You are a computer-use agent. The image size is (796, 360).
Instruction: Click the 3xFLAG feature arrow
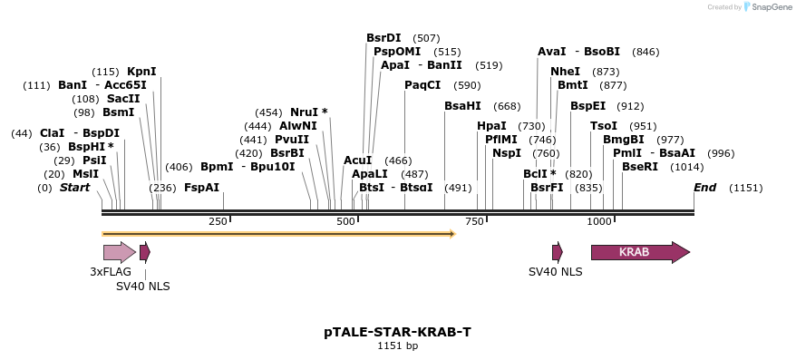119,252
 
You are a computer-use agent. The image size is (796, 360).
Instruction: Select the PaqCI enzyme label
422,85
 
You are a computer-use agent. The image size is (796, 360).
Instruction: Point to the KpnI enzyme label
141,72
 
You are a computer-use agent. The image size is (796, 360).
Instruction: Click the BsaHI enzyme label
462,106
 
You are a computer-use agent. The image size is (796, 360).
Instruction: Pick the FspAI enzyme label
201,188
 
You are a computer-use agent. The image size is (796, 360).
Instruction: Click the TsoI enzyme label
604,126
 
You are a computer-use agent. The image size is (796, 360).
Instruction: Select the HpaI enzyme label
491,126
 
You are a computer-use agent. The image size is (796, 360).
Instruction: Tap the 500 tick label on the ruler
345,222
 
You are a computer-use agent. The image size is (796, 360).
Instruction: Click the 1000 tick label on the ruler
599,222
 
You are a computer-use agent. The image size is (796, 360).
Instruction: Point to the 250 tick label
218,222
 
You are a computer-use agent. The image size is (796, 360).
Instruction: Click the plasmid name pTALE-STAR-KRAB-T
397,332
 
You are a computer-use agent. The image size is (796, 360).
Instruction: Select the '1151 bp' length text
397,345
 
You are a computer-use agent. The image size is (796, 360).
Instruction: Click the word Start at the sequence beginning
75,188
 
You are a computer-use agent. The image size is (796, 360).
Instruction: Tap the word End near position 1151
704,188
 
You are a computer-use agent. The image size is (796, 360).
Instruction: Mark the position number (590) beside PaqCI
468,85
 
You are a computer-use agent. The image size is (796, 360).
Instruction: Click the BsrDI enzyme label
383,38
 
